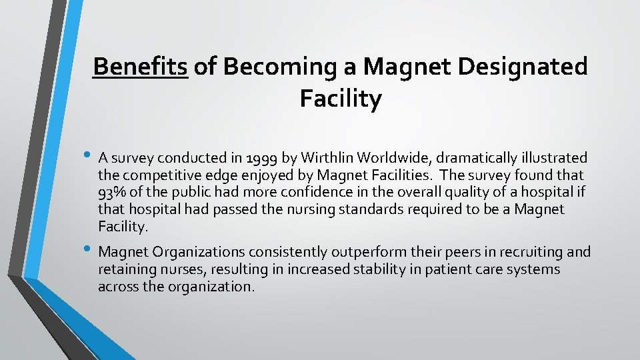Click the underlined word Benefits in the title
(141, 67)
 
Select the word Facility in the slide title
(341, 99)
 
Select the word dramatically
(479, 158)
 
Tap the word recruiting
(513, 252)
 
